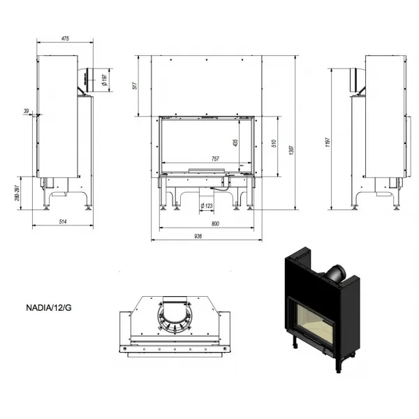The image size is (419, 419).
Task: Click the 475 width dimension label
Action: coord(65,38)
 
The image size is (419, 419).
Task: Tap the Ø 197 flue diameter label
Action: coord(105,80)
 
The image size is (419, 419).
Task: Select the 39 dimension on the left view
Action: coord(27,111)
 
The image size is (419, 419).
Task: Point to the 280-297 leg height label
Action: coord(17,193)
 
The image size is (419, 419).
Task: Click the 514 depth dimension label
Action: coord(63,221)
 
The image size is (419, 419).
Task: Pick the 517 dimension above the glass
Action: coord(135,85)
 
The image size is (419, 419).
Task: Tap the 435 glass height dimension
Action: coord(235,142)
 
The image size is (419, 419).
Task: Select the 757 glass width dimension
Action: coord(215,159)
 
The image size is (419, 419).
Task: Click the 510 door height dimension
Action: coord(274,143)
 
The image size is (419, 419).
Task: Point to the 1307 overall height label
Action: coord(291,150)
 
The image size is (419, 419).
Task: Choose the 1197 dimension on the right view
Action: coord(328,142)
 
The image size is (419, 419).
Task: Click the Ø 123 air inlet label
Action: coord(207,206)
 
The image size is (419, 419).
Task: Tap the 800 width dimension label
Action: coord(215,223)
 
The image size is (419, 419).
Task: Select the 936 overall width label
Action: coord(198,236)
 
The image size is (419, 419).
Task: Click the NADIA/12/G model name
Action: coord(49,308)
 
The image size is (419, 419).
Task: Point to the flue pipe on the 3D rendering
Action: coord(336,274)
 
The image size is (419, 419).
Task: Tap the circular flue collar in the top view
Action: coord(175,317)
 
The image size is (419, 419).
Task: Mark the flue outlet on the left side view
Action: coord(89,80)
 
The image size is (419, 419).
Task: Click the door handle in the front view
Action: coord(207,170)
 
